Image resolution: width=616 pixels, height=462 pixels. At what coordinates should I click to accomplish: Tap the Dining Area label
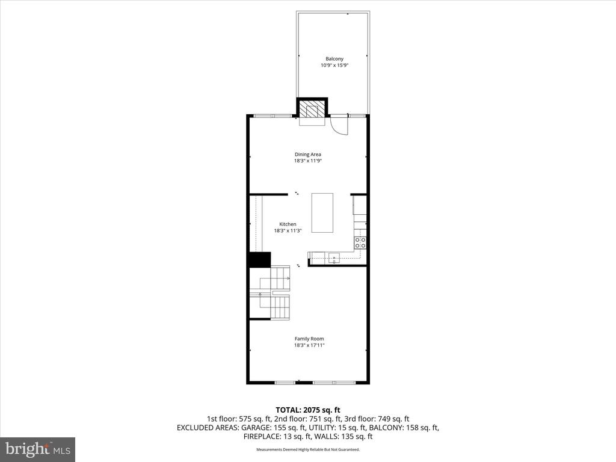pos(307,154)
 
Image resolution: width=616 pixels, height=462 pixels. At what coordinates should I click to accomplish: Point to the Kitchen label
pos(288,224)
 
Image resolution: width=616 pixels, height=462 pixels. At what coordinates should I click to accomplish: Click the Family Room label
pos(309,339)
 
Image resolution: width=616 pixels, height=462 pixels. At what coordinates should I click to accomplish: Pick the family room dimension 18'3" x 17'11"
pos(309,345)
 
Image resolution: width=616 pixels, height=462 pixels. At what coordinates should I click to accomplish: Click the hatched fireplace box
pos(312,110)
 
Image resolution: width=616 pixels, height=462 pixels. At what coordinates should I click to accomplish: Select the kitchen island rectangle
pos(322,212)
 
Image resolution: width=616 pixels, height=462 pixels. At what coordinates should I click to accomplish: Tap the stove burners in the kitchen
pos(360,242)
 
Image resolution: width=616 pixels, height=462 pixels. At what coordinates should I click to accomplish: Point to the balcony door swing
pos(339,125)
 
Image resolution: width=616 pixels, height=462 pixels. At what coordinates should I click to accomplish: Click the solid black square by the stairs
pos(259,259)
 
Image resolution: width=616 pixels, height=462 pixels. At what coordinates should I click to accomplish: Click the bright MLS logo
pos(37,449)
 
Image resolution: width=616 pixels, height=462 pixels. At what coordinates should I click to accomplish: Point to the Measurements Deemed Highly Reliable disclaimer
pos(308,449)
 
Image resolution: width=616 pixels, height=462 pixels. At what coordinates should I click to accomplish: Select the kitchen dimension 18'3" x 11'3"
pos(288,230)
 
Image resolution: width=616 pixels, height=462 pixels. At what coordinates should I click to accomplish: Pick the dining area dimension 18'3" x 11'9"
pos(307,161)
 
